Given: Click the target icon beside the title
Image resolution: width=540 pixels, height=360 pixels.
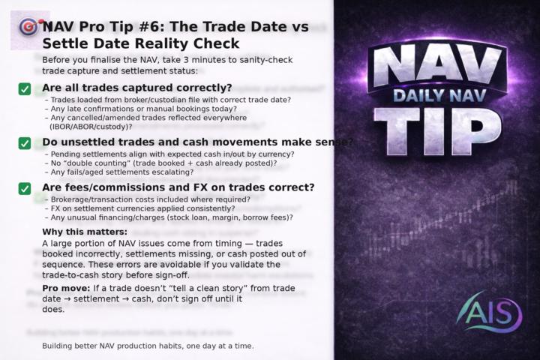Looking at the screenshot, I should [29, 27].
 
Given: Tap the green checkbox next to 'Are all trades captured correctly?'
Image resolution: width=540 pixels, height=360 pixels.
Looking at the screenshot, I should [25, 89].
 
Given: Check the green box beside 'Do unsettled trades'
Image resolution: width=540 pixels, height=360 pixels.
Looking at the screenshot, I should [25, 143].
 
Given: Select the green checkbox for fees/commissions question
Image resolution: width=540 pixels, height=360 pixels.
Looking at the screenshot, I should [25, 188].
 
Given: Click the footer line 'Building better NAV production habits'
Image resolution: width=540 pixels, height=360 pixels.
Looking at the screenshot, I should [148, 346].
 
